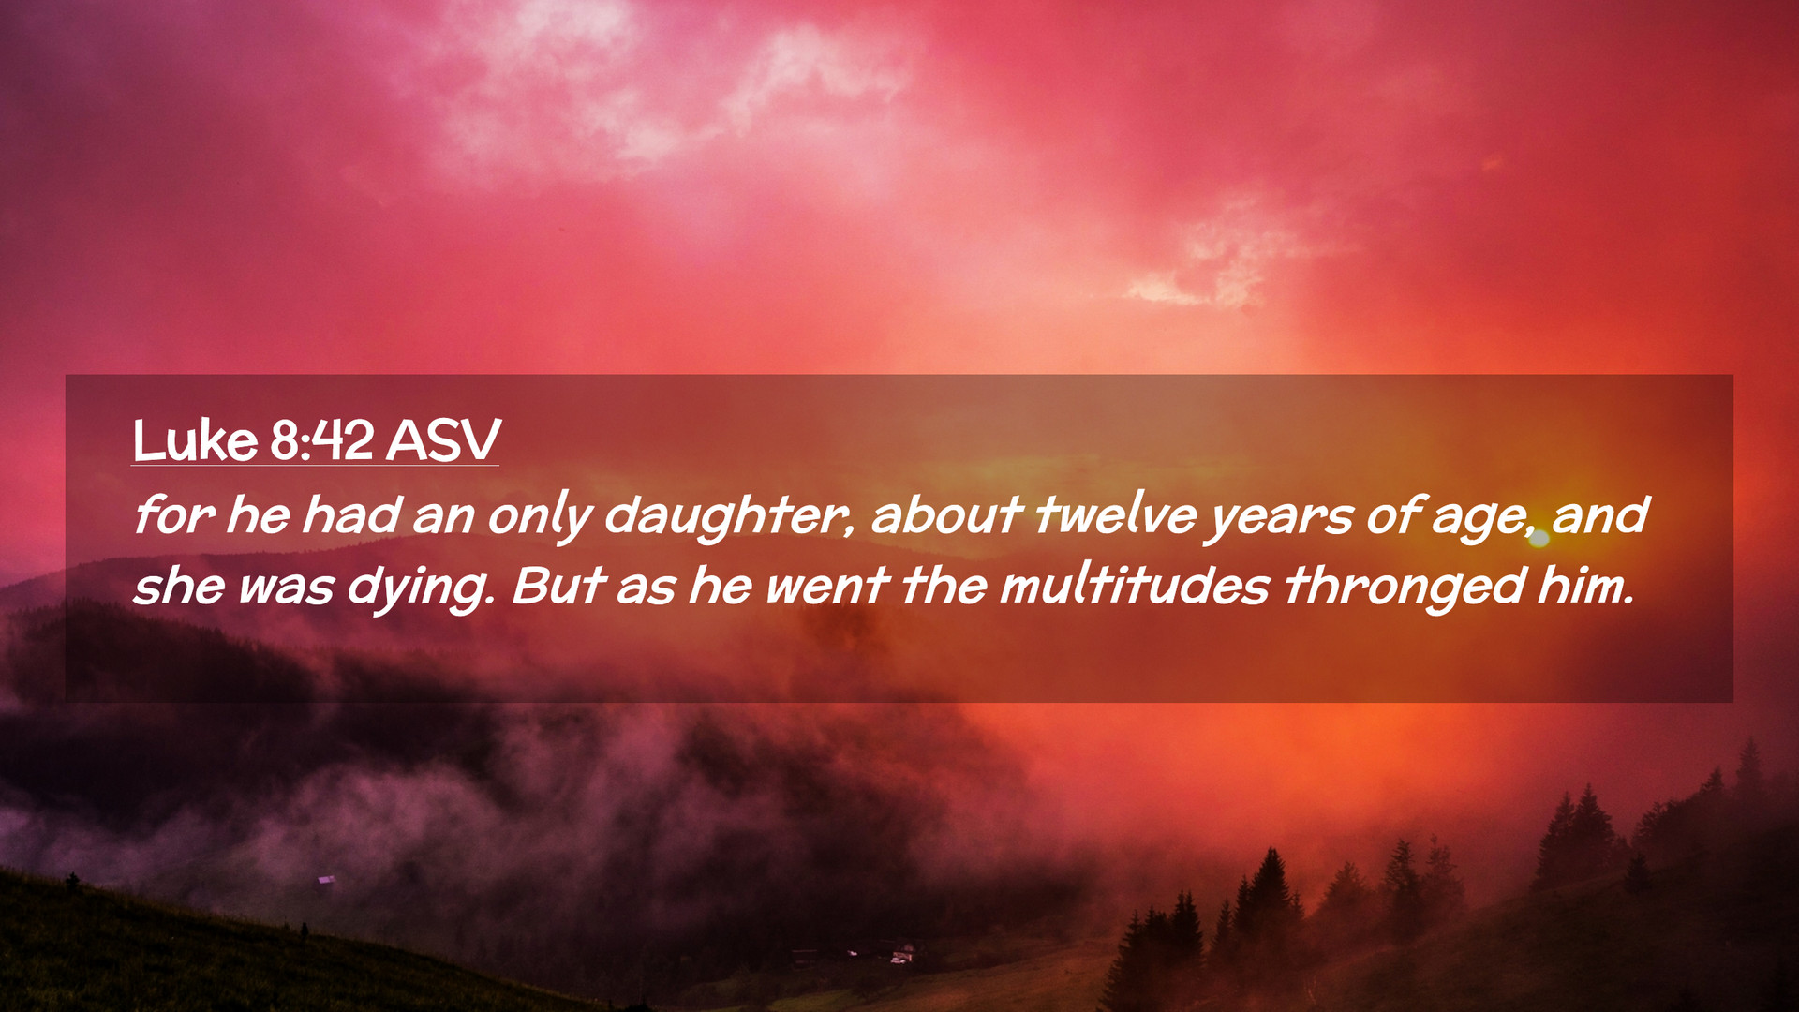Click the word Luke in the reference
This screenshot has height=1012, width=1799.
click(x=195, y=440)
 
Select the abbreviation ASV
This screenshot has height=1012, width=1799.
click(x=443, y=440)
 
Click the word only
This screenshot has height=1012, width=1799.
click(x=540, y=516)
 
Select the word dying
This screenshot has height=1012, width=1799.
click(x=421, y=588)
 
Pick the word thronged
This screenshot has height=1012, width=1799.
click(x=1405, y=588)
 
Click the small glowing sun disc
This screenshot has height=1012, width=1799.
click(x=1539, y=538)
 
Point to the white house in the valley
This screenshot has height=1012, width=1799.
click(x=902, y=955)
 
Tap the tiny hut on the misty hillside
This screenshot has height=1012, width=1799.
click(x=326, y=879)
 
